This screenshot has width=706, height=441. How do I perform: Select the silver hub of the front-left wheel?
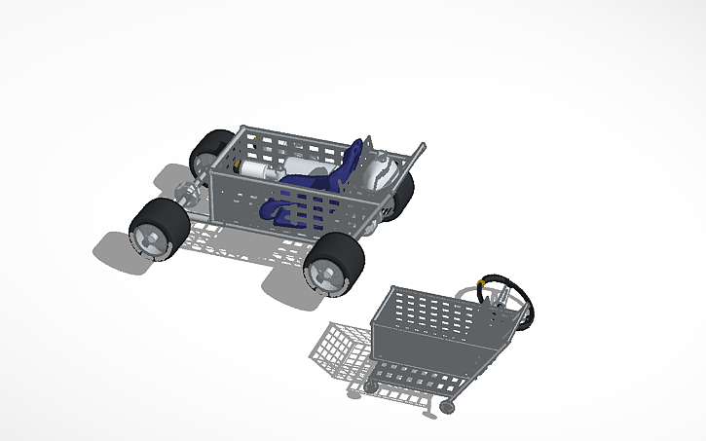[150, 238]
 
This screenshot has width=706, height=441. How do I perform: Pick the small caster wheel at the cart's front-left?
[370, 386]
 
